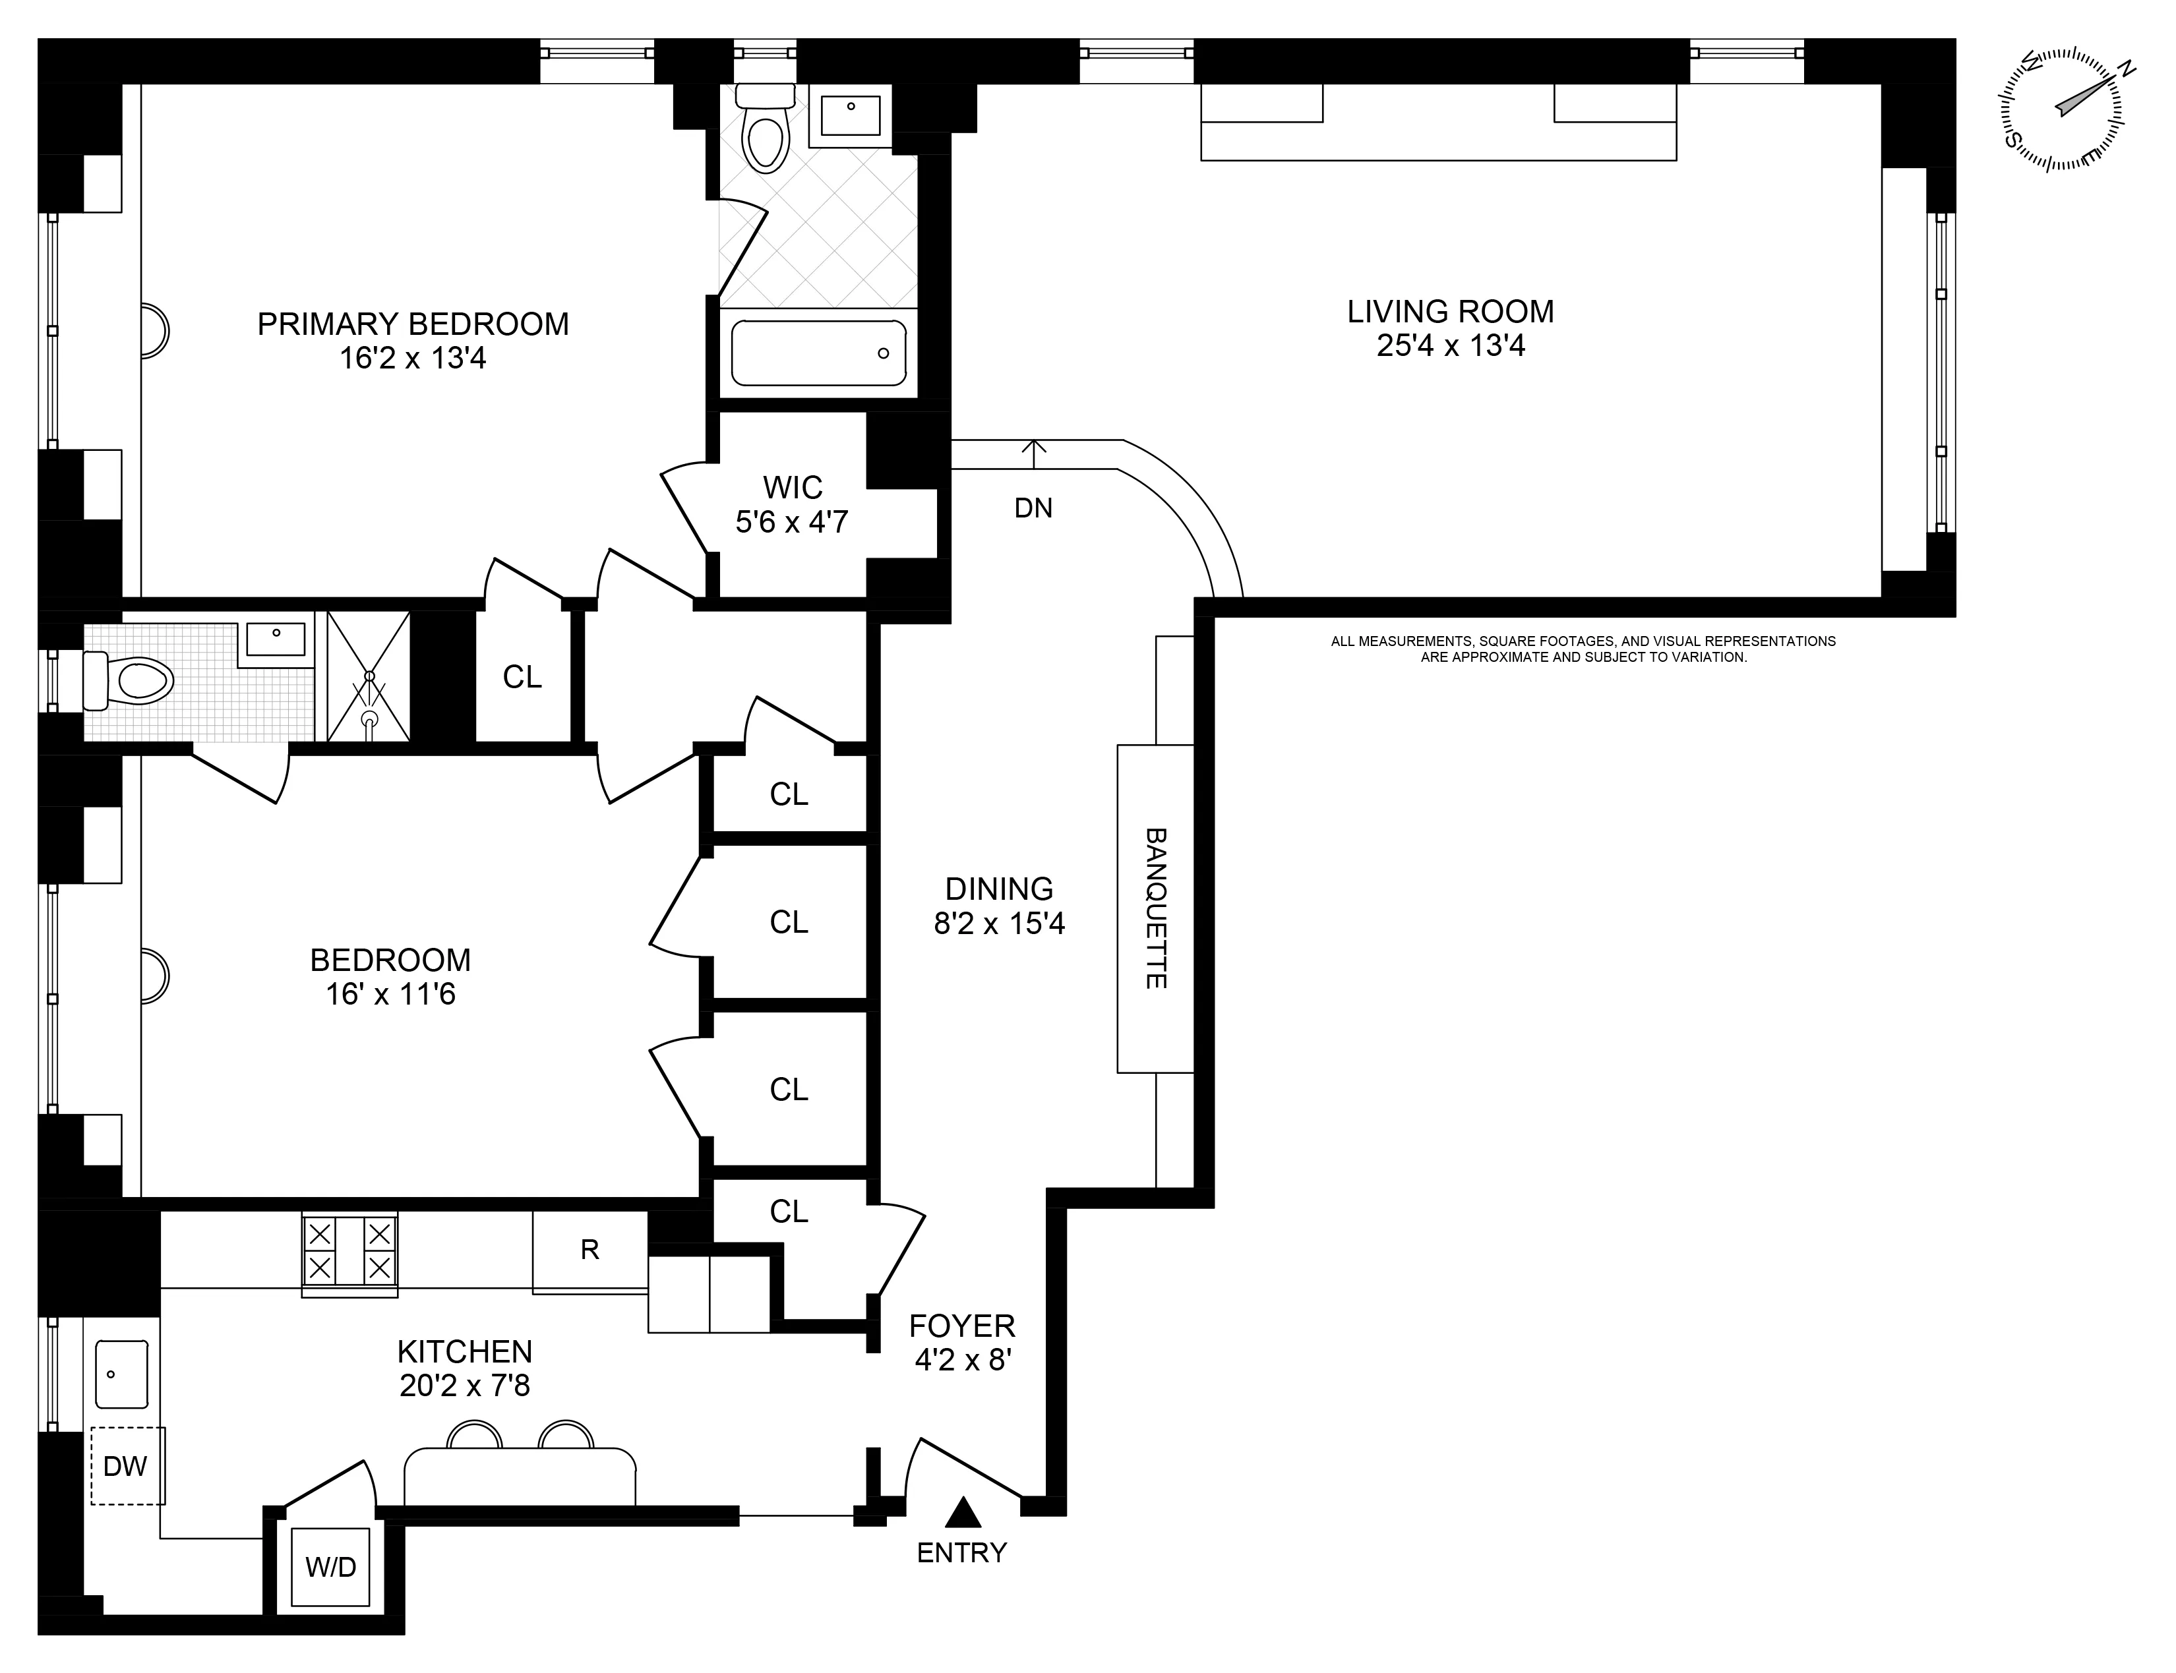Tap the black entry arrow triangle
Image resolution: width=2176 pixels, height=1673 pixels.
962,1513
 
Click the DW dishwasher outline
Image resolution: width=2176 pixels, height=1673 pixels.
127,1466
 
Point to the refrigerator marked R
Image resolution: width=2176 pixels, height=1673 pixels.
589,1250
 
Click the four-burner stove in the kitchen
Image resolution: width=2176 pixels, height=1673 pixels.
349,1252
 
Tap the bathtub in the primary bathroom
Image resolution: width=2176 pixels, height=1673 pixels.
818,353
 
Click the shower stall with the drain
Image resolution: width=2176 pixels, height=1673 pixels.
369,677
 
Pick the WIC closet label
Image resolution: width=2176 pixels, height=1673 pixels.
793,487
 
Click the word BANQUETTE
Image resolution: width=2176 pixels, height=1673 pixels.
1155,908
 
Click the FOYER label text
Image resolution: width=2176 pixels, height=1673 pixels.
962,1326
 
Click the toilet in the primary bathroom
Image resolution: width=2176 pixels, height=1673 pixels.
766,135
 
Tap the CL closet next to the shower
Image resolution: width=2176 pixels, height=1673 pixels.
522,677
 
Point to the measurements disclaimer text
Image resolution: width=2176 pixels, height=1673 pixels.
1583,649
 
